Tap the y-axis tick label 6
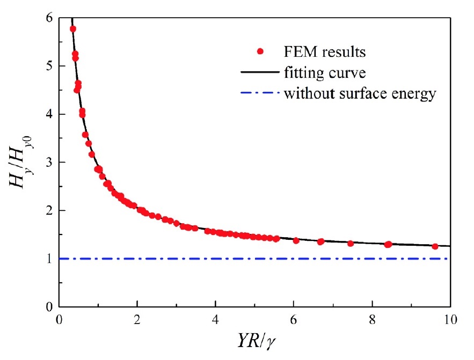[49, 18]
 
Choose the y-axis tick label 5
[49, 66]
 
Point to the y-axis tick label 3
[49, 162]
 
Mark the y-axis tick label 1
[49, 259]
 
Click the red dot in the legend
[261, 52]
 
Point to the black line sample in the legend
[261, 72]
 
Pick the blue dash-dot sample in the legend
[261, 93]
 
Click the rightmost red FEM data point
[435, 246]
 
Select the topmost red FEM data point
[73, 29]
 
